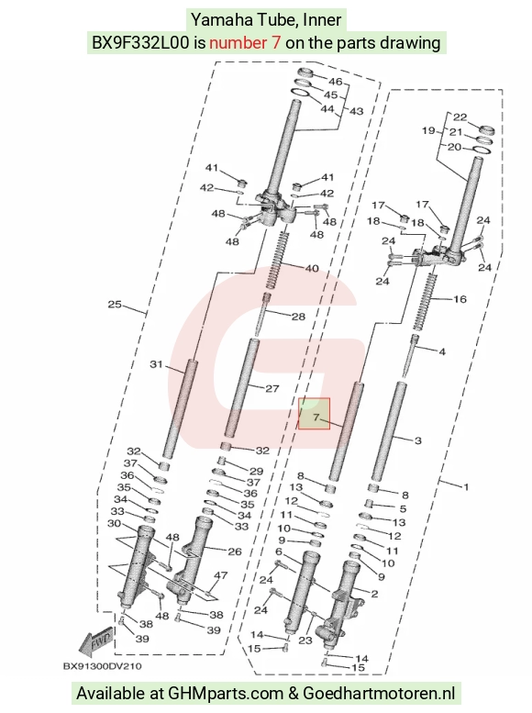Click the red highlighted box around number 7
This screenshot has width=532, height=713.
(x=314, y=413)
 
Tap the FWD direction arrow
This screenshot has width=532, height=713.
(x=95, y=642)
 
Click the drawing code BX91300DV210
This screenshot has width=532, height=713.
(x=102, y=666)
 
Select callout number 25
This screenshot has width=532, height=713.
(x=115, y=305)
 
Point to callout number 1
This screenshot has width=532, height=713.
(x=466, y=487)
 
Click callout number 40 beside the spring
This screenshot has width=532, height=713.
(x=312, y=268)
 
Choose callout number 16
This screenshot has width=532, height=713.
(x=460, y=299)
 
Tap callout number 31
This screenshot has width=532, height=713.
(x=156, y=363)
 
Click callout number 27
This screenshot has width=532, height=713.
(x=272, y=389)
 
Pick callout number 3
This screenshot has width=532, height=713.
(x=418, y=440)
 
